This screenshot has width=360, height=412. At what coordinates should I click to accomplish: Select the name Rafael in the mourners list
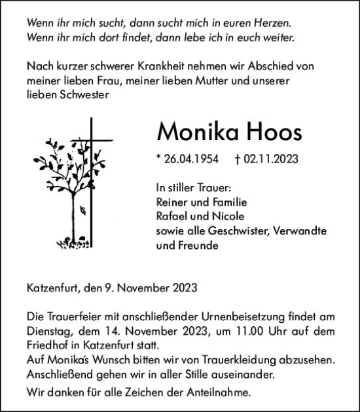pyautogui.click(x=173, y=217)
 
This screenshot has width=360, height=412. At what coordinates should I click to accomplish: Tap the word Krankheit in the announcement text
pyautogui.click(x=171, y=66)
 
